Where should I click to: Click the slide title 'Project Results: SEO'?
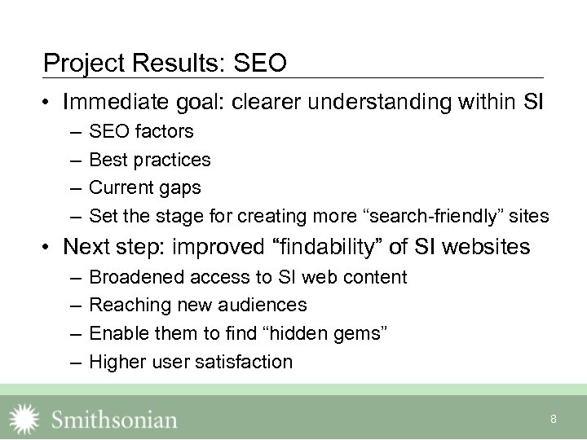[165, 63]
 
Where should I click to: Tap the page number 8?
[554, 419]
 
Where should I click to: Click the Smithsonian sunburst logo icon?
[24, 419]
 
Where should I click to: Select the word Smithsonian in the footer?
[114, 420]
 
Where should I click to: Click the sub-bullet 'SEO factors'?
[141, 131]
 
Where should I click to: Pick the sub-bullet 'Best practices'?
[149, 160]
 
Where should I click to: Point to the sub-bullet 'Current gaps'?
[144, 187]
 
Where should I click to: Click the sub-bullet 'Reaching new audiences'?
[197, 305]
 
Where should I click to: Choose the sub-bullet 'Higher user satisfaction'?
[190, 362]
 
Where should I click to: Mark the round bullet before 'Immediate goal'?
[50, 103]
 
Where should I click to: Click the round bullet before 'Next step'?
[50, 246]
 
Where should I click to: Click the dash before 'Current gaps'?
[75, 187]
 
